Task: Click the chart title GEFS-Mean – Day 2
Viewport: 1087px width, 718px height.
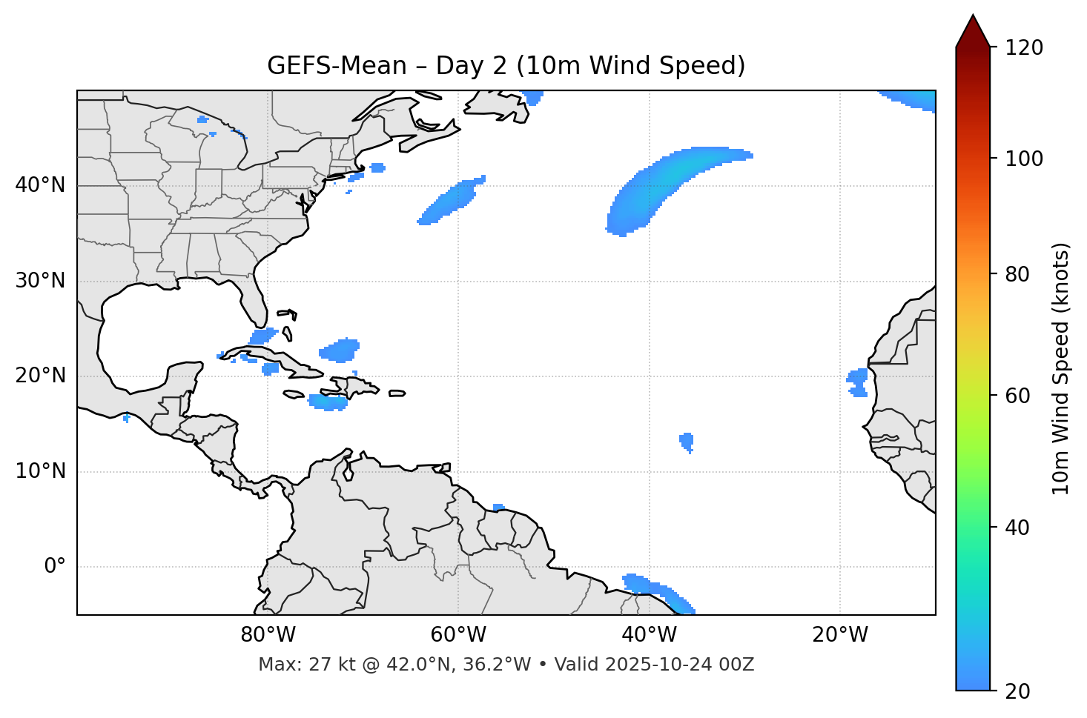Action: pyautogui.click(x=506, y=66)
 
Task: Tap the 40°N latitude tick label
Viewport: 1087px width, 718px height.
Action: pyautogui.click(x=40, y=185)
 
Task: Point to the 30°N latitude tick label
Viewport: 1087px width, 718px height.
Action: pyautogui.click(x=40, y=281)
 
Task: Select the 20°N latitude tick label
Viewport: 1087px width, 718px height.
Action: pyautogui.click(x=40, y=376)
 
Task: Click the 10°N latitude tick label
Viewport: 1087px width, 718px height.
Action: pyautogui.click(x=40, y=471)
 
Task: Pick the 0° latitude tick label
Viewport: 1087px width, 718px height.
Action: pyautogui.click(x=55, y=567)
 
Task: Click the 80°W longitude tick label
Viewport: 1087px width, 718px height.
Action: pyautogui.click(x=268, y=635)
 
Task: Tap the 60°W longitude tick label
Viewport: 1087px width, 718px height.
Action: pyautogui.click(x=458, y=635)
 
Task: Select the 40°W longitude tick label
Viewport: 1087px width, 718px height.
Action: pyautogui.click(x=650, y=635)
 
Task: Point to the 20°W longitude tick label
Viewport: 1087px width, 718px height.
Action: pyautogui.click(x=840, y=635)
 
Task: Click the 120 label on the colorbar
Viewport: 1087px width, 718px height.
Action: pyautogui.click(x=1024, y=48)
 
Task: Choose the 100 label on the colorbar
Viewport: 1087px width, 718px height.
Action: pyautogui.click(x=1024, y=159)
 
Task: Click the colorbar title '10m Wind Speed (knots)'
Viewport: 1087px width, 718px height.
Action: pyautogui.click(x=1061, y=368)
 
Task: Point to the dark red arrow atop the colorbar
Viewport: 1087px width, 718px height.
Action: pyautogui.click(x=973, y=31)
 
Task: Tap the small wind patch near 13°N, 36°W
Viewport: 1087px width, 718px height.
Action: pyautogui.click(x=687, y=442)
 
